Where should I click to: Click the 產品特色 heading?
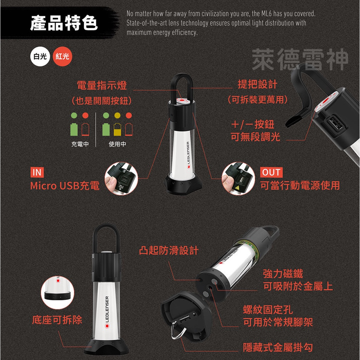64,23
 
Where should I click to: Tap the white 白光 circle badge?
40,56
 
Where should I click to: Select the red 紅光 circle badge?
62,56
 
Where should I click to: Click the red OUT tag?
271,172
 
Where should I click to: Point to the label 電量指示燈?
102,85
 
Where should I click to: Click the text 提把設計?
257,84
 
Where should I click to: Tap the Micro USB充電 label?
65,186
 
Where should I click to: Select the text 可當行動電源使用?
300,185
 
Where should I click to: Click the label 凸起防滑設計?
169,251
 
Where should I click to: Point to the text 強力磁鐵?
283,274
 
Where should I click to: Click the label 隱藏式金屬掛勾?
278,348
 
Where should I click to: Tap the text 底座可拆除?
57,320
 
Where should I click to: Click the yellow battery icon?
117,129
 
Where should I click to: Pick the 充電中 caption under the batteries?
80,144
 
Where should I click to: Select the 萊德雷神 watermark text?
300,60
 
